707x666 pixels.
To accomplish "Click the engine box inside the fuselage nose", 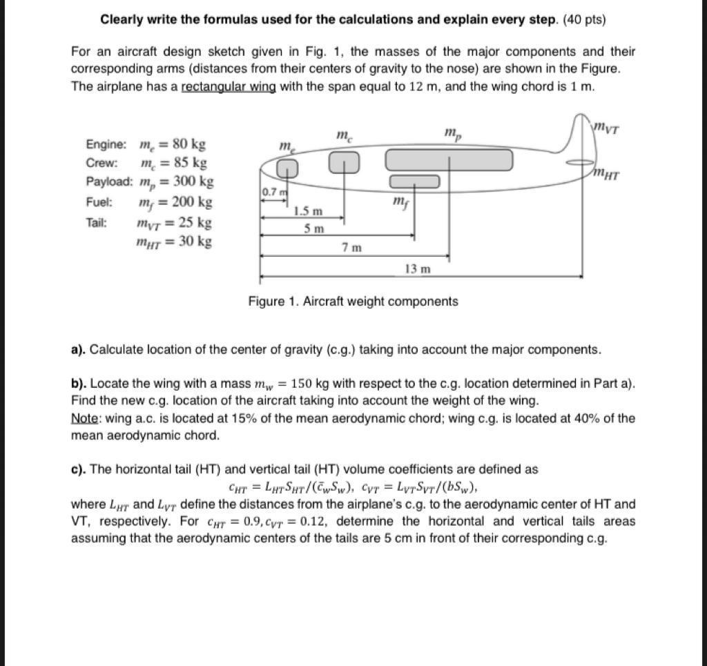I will pos(288,168).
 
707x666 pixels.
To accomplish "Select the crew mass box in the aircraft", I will pos(344,162).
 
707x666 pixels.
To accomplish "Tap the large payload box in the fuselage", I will pos(449,159).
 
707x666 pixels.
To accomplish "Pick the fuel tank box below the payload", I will pos(414,182).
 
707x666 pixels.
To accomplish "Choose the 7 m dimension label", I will pos(351,246).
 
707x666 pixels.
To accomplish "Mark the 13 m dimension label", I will pos(417,268).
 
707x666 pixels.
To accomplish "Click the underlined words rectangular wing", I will pos(228,87).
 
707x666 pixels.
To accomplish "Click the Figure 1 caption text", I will pos(353,301).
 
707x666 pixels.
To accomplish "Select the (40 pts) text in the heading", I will pos(585,19).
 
